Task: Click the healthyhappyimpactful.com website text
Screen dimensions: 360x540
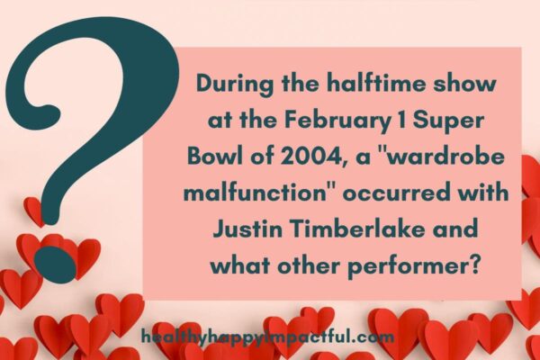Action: coord(268,337)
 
